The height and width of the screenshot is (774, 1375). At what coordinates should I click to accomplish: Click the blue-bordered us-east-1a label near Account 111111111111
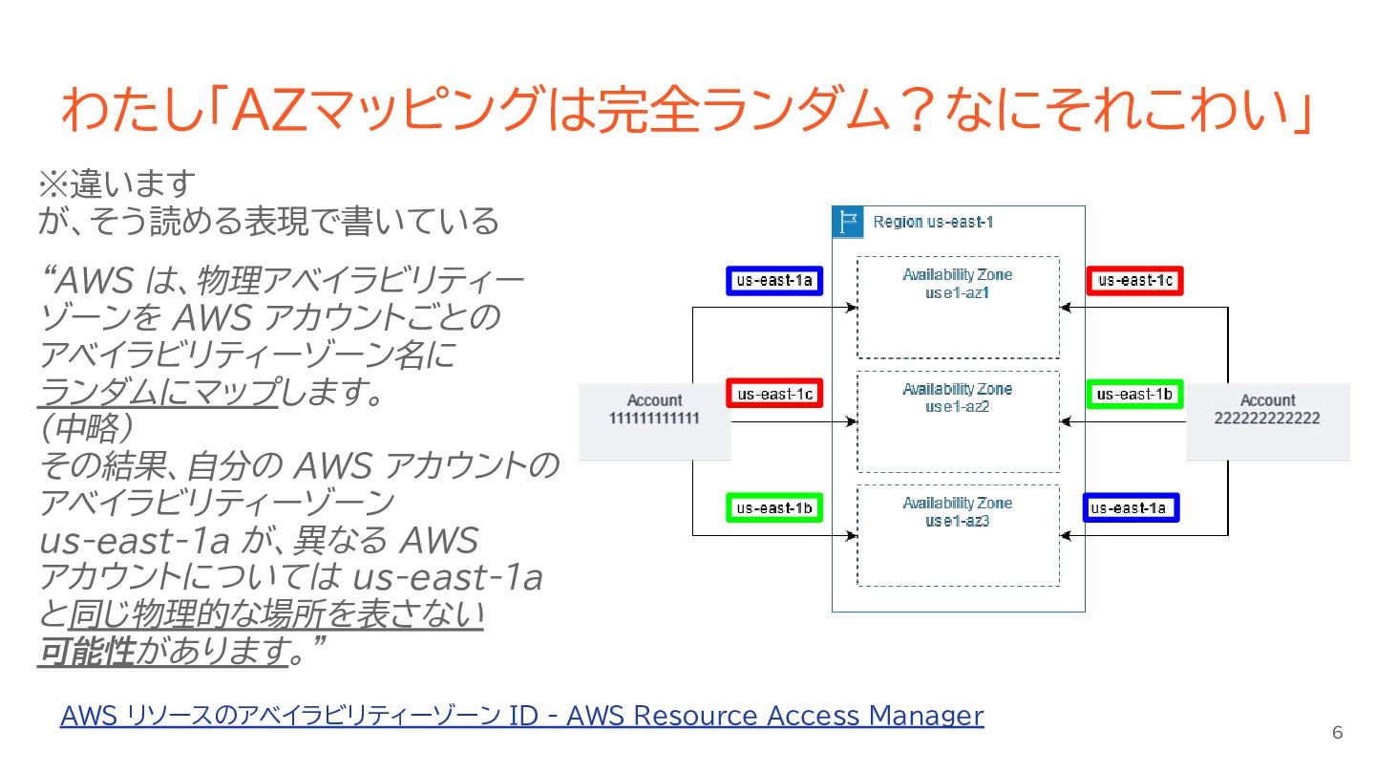774,281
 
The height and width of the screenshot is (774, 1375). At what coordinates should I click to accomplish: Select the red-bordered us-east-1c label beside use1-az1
1134,281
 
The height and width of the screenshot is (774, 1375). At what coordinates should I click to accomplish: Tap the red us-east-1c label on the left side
774,394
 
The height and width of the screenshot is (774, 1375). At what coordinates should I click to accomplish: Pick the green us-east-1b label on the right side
1134,394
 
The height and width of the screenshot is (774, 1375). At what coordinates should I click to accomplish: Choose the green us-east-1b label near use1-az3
774,508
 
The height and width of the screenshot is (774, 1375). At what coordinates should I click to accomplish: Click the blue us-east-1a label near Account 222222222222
1131,508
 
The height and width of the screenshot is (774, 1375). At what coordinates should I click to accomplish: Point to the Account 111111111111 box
655,410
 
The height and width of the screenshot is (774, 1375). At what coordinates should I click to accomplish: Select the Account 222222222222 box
1268,410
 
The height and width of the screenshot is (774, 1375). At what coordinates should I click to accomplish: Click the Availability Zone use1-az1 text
958,284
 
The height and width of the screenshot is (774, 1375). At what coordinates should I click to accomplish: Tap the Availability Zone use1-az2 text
958,398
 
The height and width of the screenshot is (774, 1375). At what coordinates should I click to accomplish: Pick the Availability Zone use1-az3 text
958,512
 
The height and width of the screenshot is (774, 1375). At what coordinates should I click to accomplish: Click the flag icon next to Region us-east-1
847,223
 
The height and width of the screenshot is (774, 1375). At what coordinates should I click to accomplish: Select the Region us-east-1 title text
934,223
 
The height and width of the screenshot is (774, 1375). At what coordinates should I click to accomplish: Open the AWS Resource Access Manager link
521,716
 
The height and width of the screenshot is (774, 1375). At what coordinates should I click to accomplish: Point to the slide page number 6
1337,733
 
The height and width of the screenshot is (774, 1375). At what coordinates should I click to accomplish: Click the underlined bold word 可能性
86,652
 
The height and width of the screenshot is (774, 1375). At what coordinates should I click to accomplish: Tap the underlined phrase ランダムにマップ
159,391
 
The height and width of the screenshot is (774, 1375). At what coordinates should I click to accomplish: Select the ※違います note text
116,183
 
